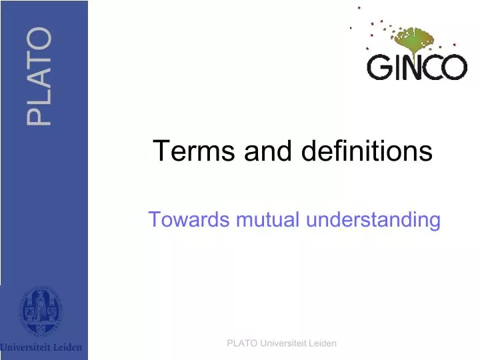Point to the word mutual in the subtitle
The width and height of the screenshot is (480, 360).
pyautogui.click(x=270, y=219)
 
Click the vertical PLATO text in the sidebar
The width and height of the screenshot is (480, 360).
pyautogui.click(x=39, y=76)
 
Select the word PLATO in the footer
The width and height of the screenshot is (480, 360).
pyautogui.click(x=240, y=343)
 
